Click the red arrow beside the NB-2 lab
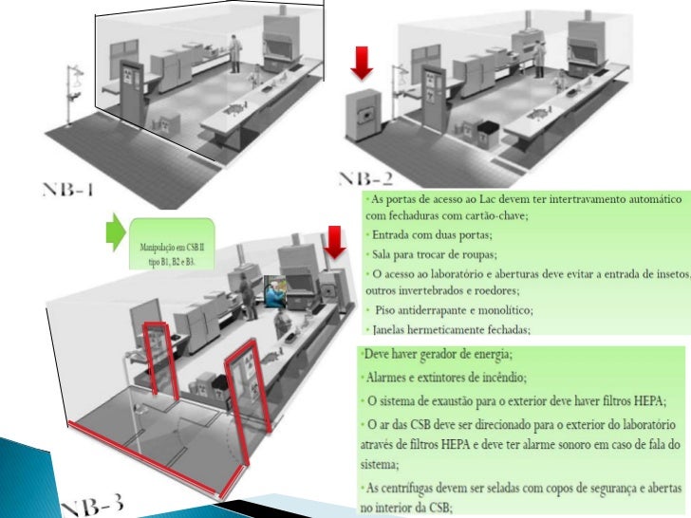[x=364, y=62]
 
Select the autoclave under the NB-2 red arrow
[x=363, y=118]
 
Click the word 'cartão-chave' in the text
[x=495, y=216]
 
